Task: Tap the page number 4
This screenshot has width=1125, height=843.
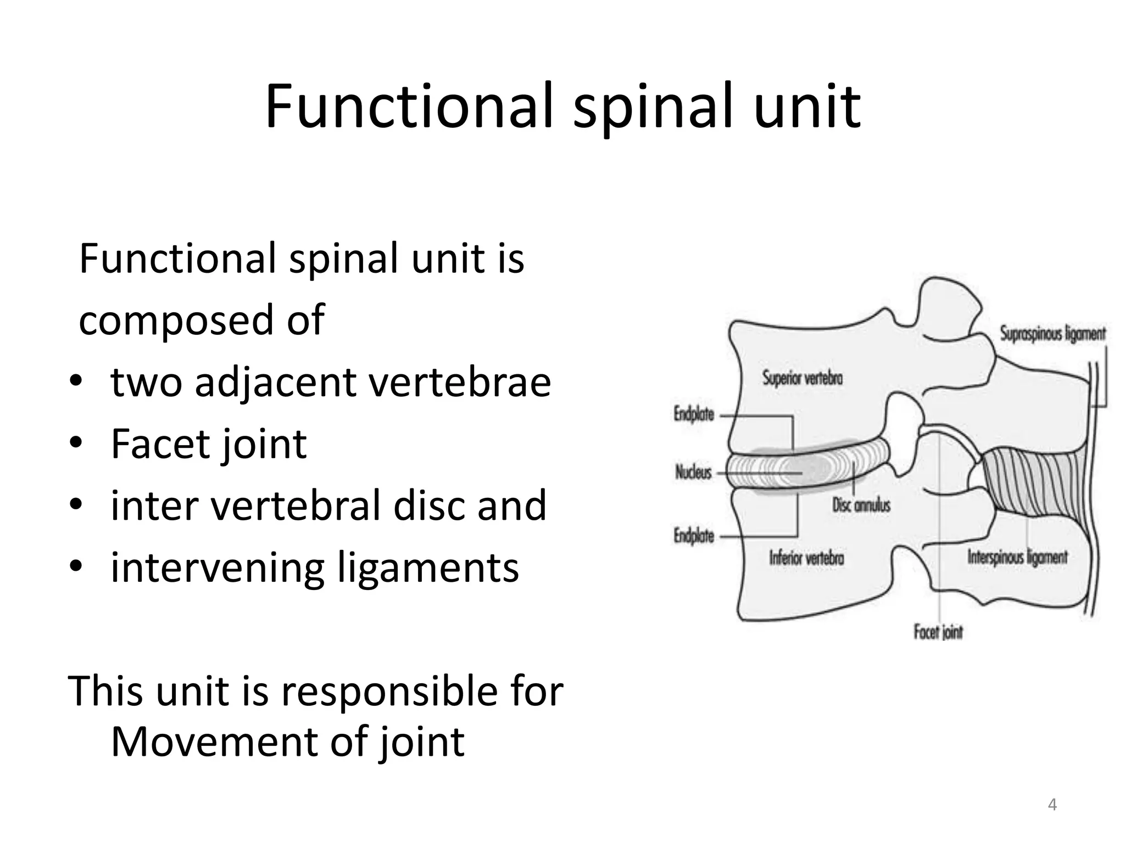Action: tap(1052, 805)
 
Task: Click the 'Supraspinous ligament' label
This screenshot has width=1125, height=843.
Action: tap(1052, 334)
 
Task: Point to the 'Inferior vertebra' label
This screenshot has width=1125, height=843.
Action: tap(806, 558)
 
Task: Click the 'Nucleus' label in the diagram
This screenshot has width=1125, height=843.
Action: tap(693, 472)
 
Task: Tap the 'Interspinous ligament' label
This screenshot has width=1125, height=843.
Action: tap(1017, 558)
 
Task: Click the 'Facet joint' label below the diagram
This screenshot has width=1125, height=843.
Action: tap(938, 632)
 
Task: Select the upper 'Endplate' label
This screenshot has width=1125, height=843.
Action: tap(693, 414)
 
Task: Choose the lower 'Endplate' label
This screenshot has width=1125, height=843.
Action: tap(693, 536)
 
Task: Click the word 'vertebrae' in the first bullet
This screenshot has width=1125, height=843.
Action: tap(459, 383)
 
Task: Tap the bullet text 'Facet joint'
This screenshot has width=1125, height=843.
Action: tap(208, 444)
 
